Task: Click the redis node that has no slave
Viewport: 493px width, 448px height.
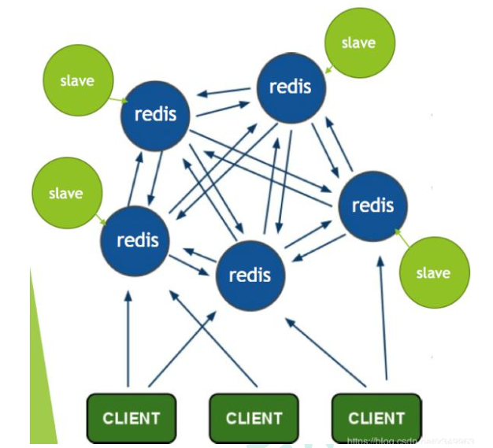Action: pos(250,275)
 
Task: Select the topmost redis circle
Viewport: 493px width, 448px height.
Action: pos(291,87)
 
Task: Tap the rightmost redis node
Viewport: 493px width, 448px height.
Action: pos(372,205)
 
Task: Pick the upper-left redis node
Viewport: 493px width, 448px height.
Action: pos(155,115)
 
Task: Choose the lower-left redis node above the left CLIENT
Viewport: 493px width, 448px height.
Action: pos(136,239)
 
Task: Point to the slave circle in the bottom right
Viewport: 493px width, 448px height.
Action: pos(432,273)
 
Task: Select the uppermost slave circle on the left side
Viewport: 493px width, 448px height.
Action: pos(76,81)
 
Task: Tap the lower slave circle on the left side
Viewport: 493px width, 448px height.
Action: pos(65,194)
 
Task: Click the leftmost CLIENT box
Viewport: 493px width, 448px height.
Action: pos(131,418)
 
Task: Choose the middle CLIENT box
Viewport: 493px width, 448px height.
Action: pos(254,418)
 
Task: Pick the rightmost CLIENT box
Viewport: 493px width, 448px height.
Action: pos(376,418)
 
